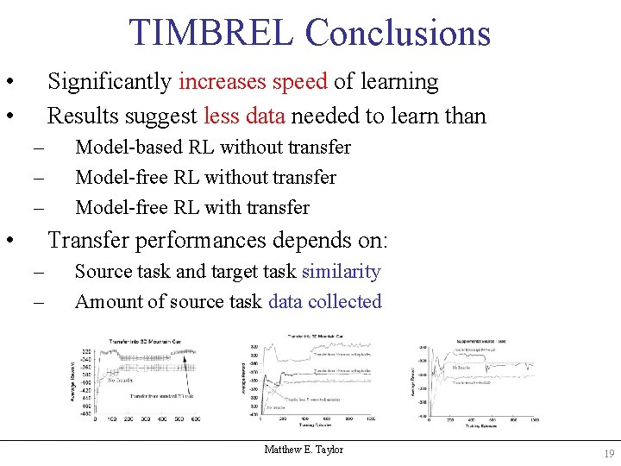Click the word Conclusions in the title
(x=398, y=33)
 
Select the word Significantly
(x=110, y=82)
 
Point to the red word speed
(x=299, y=82)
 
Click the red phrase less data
(x=237, y=116)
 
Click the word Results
(x=78, y=116)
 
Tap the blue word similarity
(x=341, y=272)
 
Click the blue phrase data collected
(x=324, y=302)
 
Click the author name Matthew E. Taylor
(x=304, y=450)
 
